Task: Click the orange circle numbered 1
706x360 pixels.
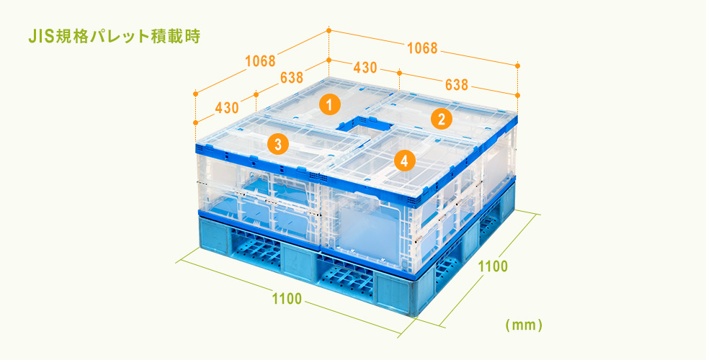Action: point(330,105)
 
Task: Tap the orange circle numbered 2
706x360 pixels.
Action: point(441,119)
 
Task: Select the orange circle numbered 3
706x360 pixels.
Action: point(278,145)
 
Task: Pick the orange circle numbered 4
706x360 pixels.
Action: point(404,160)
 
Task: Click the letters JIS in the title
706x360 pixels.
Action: point(40,37)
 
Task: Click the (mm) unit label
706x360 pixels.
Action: point(524,325)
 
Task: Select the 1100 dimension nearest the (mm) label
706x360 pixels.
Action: point(493,266)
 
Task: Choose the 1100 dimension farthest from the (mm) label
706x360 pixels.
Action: point(287,298)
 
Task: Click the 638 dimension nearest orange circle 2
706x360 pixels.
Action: point(457,84)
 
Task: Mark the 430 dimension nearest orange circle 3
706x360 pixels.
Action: point(227,108)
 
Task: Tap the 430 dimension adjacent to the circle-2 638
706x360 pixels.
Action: point(365,68)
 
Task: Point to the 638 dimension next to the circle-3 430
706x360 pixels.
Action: point(292,78)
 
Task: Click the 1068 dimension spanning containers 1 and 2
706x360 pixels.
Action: point(422,48)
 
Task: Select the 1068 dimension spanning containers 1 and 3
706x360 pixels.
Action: point(260,60)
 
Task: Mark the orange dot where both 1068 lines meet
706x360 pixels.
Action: point(329,30)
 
